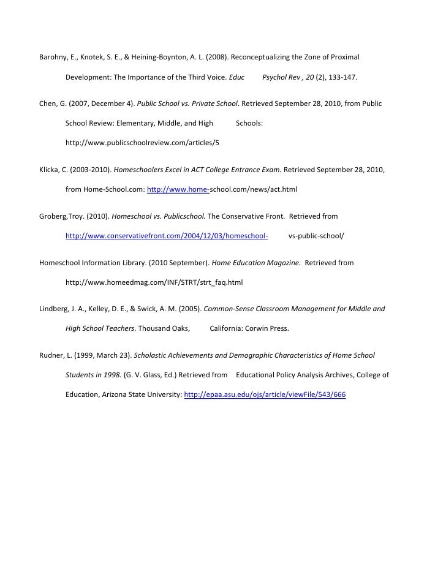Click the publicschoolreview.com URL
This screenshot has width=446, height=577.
142,143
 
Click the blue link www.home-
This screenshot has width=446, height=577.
178,189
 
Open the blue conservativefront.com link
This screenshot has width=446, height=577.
167,236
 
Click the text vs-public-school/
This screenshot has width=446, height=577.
316,236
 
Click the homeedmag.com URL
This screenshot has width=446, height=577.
154,282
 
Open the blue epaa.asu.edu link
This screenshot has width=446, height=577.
265,395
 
